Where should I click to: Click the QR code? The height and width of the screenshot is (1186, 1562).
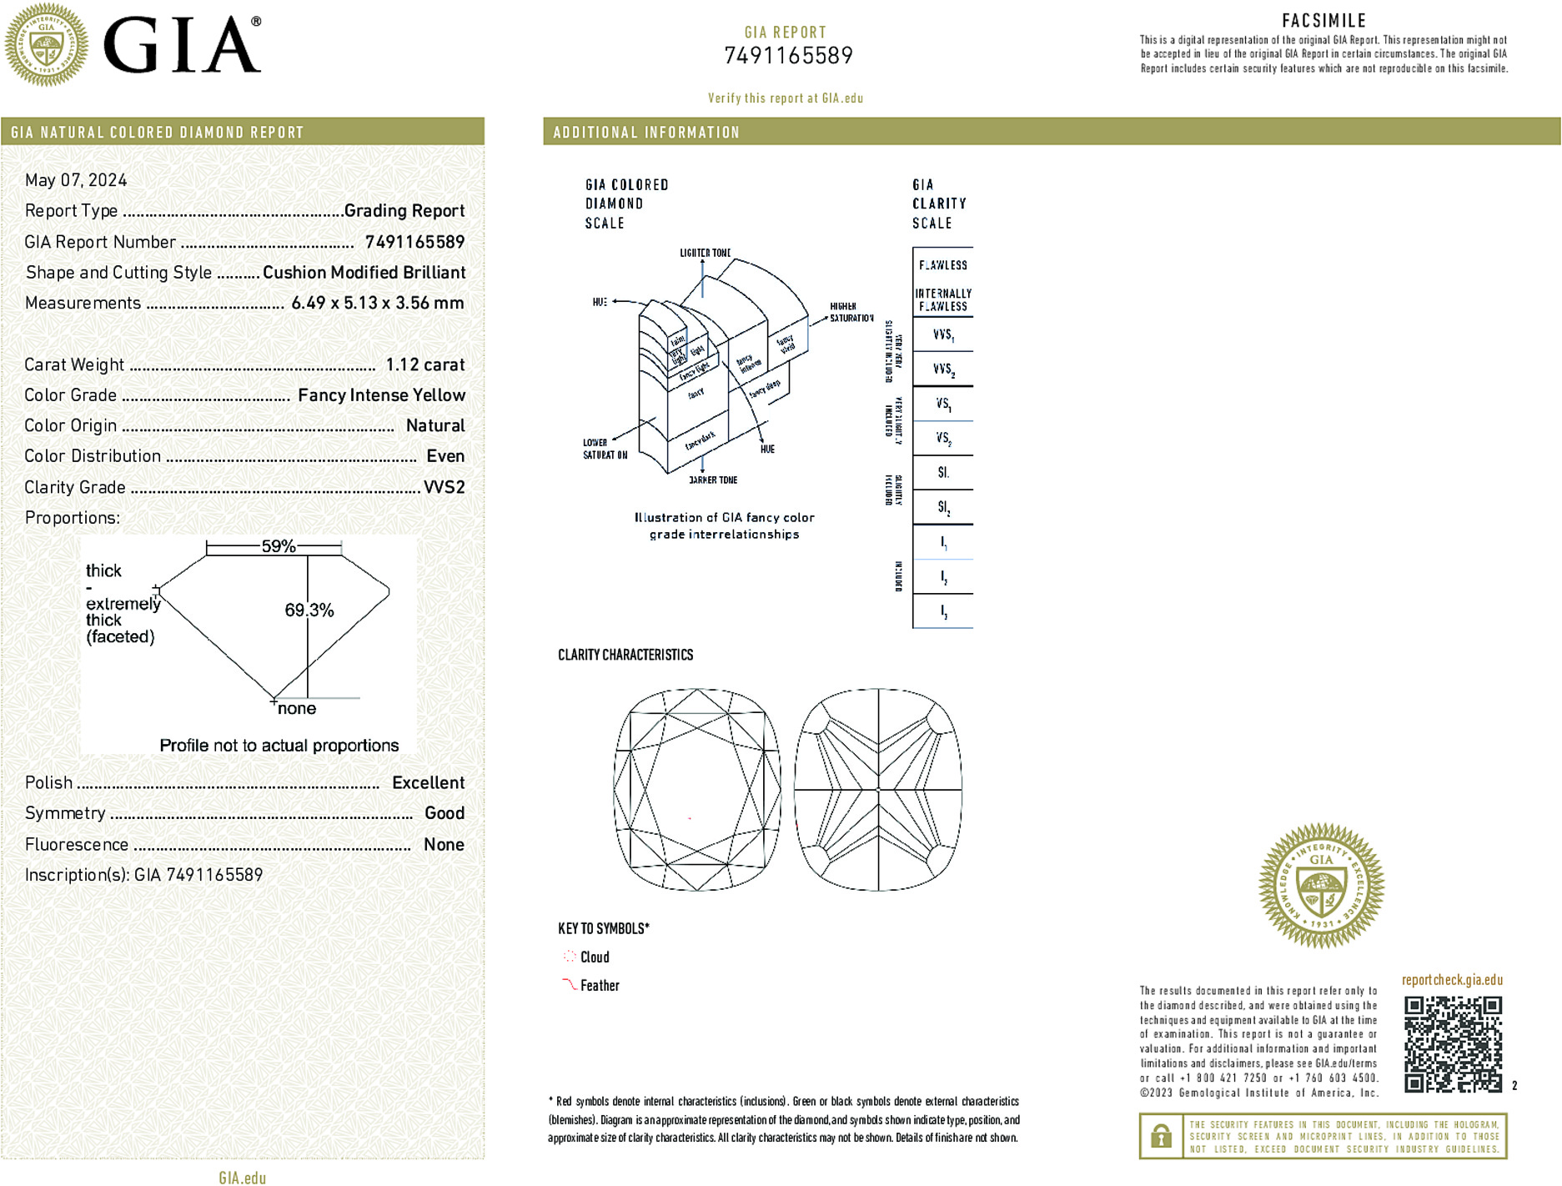[1453, 1043]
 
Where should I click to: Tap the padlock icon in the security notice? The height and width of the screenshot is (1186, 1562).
[1160, 1136]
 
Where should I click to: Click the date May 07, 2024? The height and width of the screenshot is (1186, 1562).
[76, 180]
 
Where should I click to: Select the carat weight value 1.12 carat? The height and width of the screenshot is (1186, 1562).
[424, 364]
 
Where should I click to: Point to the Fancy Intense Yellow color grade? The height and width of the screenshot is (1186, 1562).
[381, 395]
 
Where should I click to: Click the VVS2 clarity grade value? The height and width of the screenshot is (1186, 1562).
[444, 487]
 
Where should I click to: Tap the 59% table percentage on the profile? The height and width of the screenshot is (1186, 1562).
[278, 546]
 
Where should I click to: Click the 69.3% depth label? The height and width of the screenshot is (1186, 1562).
[309, 610]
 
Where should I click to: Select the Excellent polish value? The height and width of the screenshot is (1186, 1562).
[428, 782]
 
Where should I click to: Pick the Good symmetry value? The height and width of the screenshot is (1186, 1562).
[444, 813]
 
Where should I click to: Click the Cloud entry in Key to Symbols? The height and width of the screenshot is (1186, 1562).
[594, 957]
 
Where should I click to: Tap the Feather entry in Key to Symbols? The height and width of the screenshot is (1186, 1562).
[599, 985]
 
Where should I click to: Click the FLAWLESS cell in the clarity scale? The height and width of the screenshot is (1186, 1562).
[942, 265]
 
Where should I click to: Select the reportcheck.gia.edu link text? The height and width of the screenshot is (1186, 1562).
[1452, 980]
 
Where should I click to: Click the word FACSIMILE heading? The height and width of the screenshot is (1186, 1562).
[1323, 21]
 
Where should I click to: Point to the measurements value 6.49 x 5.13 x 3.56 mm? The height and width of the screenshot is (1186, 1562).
[377, 303]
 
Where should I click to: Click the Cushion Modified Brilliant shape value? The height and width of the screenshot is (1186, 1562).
[364, 273]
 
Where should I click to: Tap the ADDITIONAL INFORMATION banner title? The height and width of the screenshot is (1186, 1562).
[646, 133]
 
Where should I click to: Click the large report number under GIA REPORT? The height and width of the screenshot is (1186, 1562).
[788, 56]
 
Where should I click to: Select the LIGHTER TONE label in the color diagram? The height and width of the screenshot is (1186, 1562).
[705, 253]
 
